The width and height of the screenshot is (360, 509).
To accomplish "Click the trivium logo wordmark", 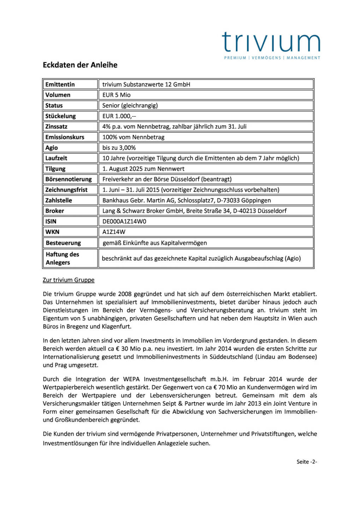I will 271,42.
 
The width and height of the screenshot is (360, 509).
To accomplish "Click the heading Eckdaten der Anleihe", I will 80,65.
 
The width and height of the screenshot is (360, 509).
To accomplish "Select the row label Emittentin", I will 60,84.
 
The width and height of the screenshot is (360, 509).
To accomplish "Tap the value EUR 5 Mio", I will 117,95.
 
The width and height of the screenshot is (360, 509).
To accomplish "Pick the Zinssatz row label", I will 56,127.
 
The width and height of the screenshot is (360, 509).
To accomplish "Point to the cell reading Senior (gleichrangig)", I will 130,105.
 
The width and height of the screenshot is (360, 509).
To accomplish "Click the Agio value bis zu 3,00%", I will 119,148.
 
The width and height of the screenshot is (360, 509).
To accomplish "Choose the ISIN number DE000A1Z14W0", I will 124,221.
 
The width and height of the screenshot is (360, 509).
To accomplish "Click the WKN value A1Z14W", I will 114,232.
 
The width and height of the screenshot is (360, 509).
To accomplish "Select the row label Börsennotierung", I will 69,179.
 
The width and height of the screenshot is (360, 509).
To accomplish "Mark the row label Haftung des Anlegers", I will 62,258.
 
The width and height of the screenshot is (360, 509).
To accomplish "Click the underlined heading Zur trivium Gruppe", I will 69,280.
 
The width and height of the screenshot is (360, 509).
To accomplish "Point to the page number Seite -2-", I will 307,462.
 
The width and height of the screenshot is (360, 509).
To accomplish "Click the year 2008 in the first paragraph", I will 125,294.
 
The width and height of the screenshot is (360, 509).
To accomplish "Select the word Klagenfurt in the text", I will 117,327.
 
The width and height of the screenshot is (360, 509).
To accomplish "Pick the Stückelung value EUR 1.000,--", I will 119,116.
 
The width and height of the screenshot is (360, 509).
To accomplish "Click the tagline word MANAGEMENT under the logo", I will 303,58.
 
